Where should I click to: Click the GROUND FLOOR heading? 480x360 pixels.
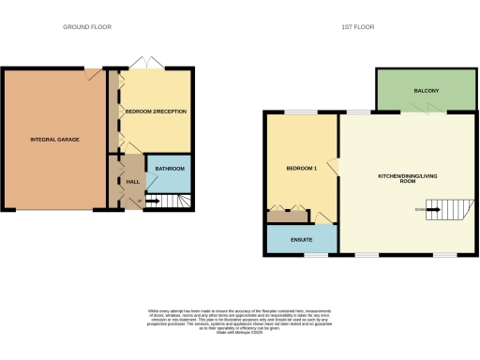click(x=86, y=27)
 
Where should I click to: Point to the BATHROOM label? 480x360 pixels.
click(x=170, y=169)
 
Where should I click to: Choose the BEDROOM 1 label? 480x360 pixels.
click(x=302, y=169)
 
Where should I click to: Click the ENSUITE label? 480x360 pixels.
click(x=302, y=240)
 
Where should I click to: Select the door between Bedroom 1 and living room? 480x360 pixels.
click(x=335, y=166)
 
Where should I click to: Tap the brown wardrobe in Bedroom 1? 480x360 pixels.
click(x=288, y=218)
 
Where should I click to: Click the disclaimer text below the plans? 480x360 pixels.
click(x=239, y=318)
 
